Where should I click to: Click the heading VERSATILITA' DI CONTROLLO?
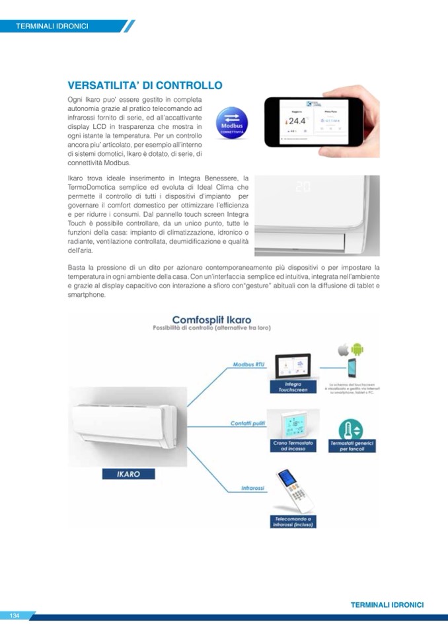[x=145, y=85]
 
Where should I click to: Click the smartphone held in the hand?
[x=313, y=123]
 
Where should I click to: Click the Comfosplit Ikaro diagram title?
[x=211, y=320]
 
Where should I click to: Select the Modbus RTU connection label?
[x=248, y=364]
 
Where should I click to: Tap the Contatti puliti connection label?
[x=248, y=423]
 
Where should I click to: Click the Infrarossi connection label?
[x=252, y=488]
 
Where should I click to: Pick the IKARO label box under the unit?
[x=129, y=473]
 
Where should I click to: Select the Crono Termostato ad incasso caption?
[x=292, y=446]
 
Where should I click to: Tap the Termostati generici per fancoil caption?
[x=352, y=446]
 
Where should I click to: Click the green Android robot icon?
[x=358, y=348]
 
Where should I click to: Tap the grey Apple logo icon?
[x=343, y=348]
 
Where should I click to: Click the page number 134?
[x=15, y=615]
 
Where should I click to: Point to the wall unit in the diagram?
[x=124, y=427]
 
